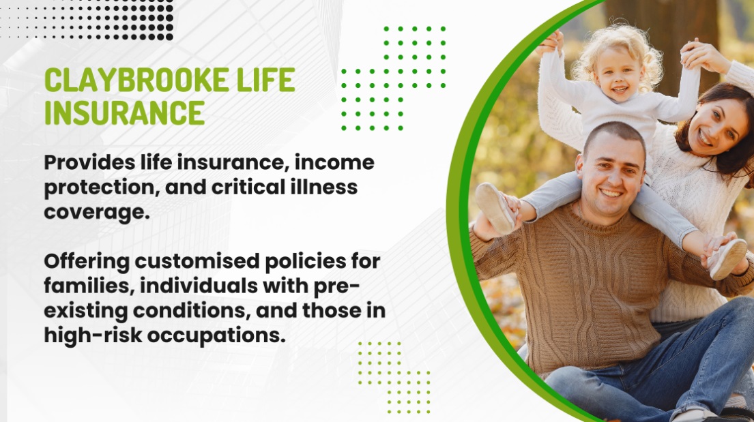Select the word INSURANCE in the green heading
click(125, 112)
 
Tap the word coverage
click(97, 213)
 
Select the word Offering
click(87, 262)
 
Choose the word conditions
click(191, 311)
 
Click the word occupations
click(216, 335)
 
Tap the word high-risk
click(93, 335)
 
